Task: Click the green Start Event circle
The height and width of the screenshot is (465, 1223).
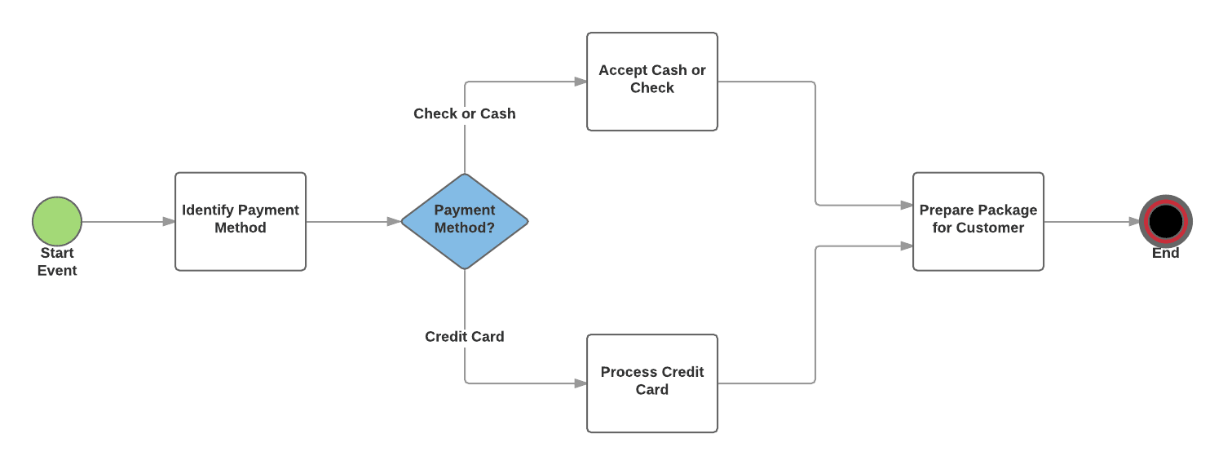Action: point(57,221)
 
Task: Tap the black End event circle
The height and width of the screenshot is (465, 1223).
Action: point(1165,221)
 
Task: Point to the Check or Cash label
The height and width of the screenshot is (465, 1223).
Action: point(465,113)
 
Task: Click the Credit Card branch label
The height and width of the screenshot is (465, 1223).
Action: point(465,336)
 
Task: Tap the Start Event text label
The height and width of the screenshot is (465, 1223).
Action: point(57,262)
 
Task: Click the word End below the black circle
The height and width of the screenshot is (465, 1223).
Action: point(1165,254)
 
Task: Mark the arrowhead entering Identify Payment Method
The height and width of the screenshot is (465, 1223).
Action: point(169,221)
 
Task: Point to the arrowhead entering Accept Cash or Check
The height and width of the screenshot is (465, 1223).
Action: point(581,82)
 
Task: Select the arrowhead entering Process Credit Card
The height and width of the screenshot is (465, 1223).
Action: point(581,383)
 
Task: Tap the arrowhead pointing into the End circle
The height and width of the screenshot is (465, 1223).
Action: point(1134,221)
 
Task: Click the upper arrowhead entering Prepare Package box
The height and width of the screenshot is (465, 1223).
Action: point(907,205)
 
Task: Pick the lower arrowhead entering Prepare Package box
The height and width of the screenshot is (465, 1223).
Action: point(907,246)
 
